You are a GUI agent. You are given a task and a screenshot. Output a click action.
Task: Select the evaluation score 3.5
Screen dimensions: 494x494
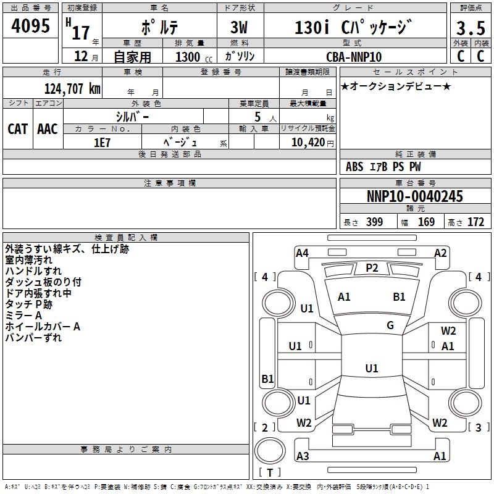[469, 28]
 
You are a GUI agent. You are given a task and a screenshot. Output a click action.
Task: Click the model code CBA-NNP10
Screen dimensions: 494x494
[354, 57]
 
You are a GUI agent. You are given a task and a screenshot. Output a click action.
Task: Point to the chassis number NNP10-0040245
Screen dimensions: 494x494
[414, 197]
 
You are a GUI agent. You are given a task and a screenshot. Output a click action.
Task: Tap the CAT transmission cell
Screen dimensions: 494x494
[17, 128]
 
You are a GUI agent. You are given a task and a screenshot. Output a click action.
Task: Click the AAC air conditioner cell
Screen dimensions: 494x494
[48, 128]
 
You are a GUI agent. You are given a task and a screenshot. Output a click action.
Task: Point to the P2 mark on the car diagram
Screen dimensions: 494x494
[372, 267]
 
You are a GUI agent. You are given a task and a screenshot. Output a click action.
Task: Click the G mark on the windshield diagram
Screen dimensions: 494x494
[390, 325]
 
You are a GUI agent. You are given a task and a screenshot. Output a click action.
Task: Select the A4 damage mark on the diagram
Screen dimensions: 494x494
[302, 253]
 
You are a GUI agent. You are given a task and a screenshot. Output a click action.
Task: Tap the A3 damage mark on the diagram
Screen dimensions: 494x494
[303, 456]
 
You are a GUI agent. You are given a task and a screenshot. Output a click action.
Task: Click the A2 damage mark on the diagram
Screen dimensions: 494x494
[440, 253]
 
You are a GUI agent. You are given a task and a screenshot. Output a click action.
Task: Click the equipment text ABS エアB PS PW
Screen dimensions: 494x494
[383, 167]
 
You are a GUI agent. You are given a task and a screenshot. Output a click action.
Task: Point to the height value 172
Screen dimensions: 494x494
[476, 222]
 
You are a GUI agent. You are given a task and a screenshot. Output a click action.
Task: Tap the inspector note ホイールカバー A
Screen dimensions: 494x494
[43, 326]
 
